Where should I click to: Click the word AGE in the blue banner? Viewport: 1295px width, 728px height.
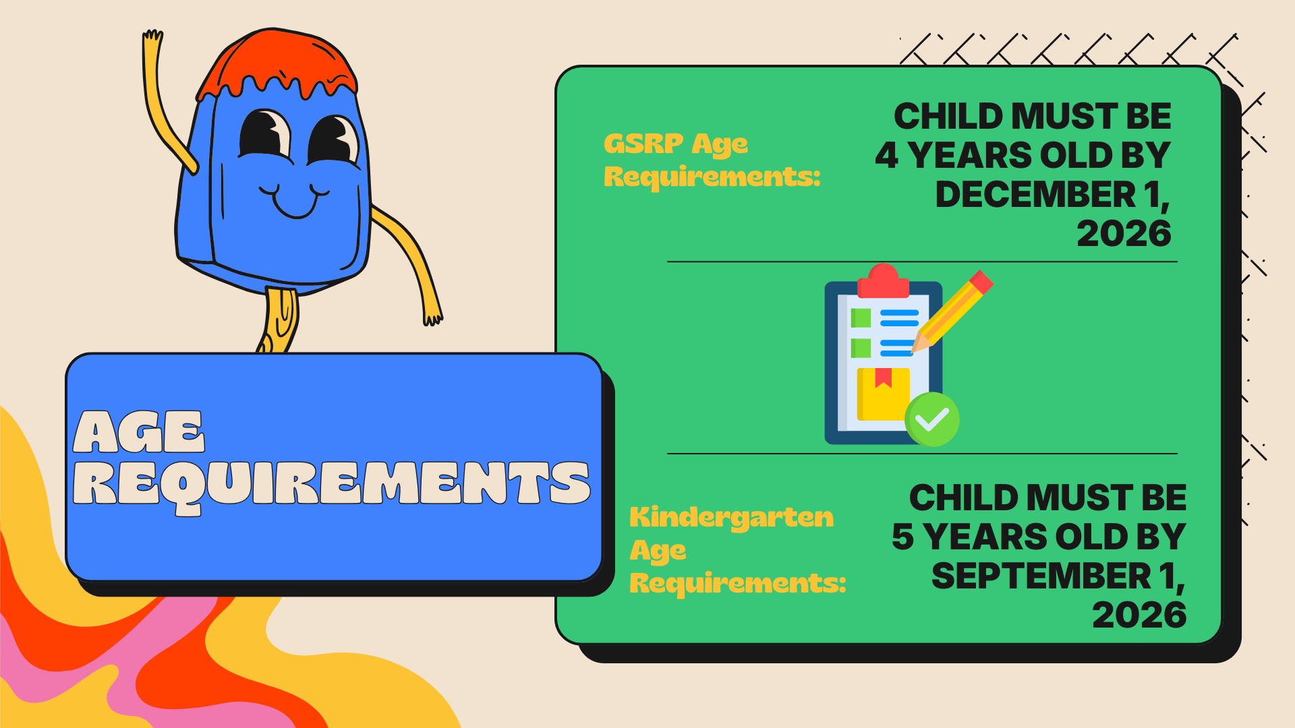[x=138, y=432]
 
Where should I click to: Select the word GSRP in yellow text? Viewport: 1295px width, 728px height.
[x=643, y=144]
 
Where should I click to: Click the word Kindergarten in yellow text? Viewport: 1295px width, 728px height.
[x=731, y=517]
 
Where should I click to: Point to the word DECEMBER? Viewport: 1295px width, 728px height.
[x=1035, y=195]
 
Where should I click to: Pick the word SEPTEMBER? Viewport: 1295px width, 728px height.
[x=1041, y=576]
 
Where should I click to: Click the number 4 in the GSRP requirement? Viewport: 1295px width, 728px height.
[x=886, y=156]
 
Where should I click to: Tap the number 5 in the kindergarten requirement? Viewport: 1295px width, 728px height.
[x=902, y=537]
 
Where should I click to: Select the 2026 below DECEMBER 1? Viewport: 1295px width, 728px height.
[x=1124, y=234]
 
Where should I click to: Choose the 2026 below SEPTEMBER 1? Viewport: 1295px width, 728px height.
[x=1139, y=615]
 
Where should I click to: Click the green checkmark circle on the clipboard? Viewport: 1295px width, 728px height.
[x=931, y=419]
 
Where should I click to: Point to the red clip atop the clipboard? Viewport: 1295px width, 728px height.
[x=883, y=282]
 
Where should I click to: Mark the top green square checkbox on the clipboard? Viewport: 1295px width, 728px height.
[x=861, y=317]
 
